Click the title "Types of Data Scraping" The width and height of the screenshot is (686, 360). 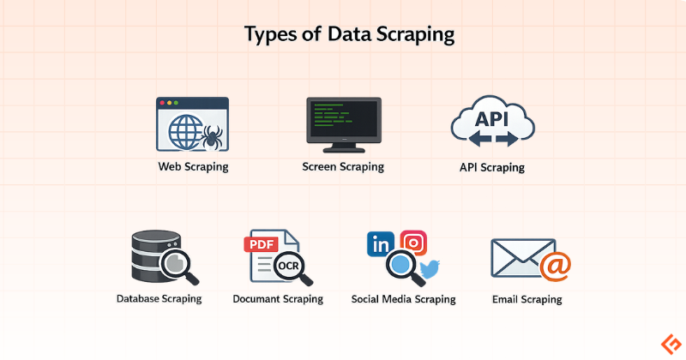tap(342, 35)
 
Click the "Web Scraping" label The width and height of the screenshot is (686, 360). tap(193, 166)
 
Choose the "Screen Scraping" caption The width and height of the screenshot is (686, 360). tap(343, 166)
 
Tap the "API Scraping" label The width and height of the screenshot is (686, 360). tap(492, 168)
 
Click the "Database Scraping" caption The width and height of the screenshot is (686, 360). tap(159, 299)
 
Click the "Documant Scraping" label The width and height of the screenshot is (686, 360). tap(278, 299)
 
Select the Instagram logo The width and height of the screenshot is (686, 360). tap(413, 243)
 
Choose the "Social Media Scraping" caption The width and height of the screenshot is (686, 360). tap(403, 299)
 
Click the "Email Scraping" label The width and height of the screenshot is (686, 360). tap(527, 299)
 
